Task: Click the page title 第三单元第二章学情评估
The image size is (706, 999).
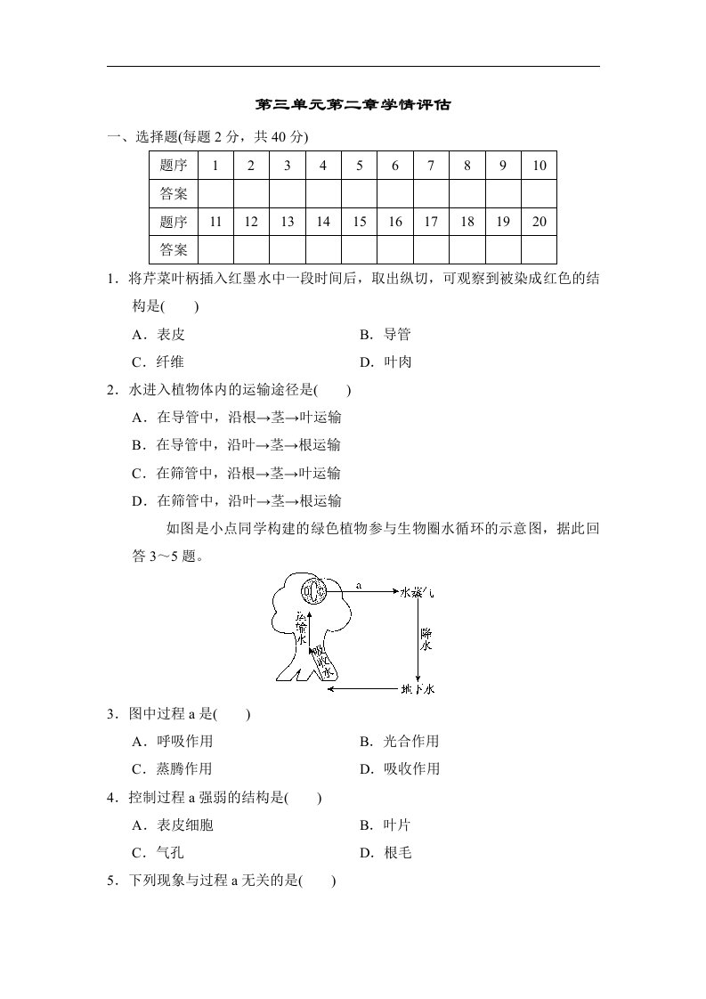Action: (x=353, y=105)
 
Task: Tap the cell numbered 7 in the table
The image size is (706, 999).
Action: (x=431, y=166)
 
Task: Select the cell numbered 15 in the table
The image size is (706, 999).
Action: (x=359, y=222)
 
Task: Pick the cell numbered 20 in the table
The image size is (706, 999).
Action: (x=539, y=222)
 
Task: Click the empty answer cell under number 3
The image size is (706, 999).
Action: (x=287, y=193)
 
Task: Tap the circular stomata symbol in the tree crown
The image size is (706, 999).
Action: (x=312, y=589)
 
